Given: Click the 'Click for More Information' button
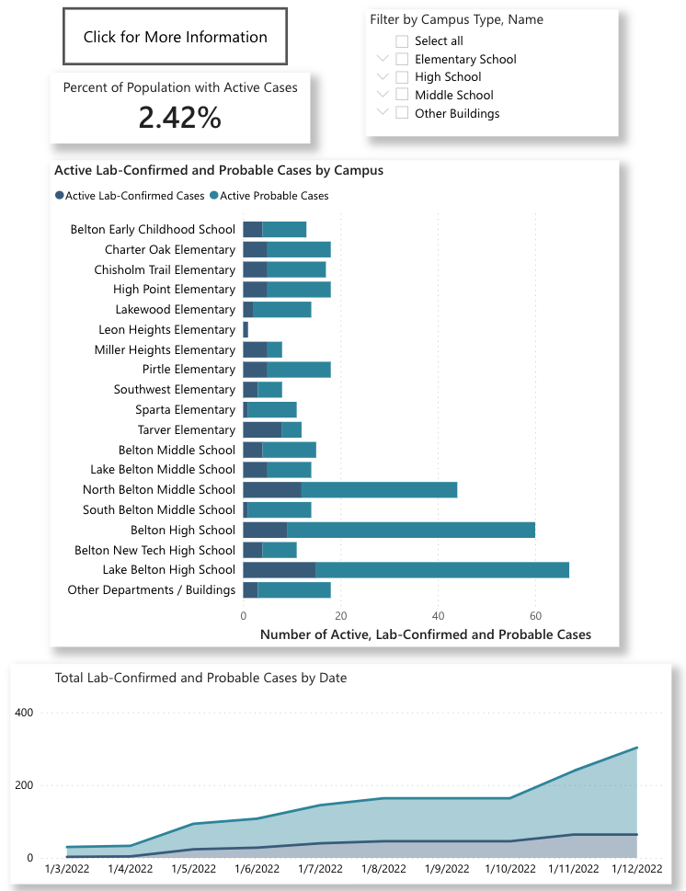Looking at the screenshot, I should click(175, 38).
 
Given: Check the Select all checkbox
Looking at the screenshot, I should click(402, 40).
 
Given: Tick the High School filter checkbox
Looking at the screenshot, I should click(402, 77).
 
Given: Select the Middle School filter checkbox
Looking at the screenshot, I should click(402, 95).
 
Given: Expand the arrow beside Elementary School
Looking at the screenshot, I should click(383, 59).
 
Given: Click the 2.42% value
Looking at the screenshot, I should click(180, 118).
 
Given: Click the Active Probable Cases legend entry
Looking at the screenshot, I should click(269, 196).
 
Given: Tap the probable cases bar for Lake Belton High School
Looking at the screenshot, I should click(441, 570).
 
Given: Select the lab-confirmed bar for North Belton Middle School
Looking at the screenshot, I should click(271, 490).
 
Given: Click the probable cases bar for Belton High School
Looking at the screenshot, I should click(410, 531).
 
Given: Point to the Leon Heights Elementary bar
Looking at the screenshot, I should click(246, 330).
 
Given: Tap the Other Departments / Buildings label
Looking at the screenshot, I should click(152, 590).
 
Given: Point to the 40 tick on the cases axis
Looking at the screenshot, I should click(438, 616).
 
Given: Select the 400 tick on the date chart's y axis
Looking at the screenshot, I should click(24, 713).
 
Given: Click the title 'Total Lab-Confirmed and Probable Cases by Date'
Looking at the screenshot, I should click(200, 679).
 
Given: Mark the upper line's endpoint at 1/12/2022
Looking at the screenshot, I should click(636, 748).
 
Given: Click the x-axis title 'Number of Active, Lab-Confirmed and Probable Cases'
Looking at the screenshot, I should click(425, 634).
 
